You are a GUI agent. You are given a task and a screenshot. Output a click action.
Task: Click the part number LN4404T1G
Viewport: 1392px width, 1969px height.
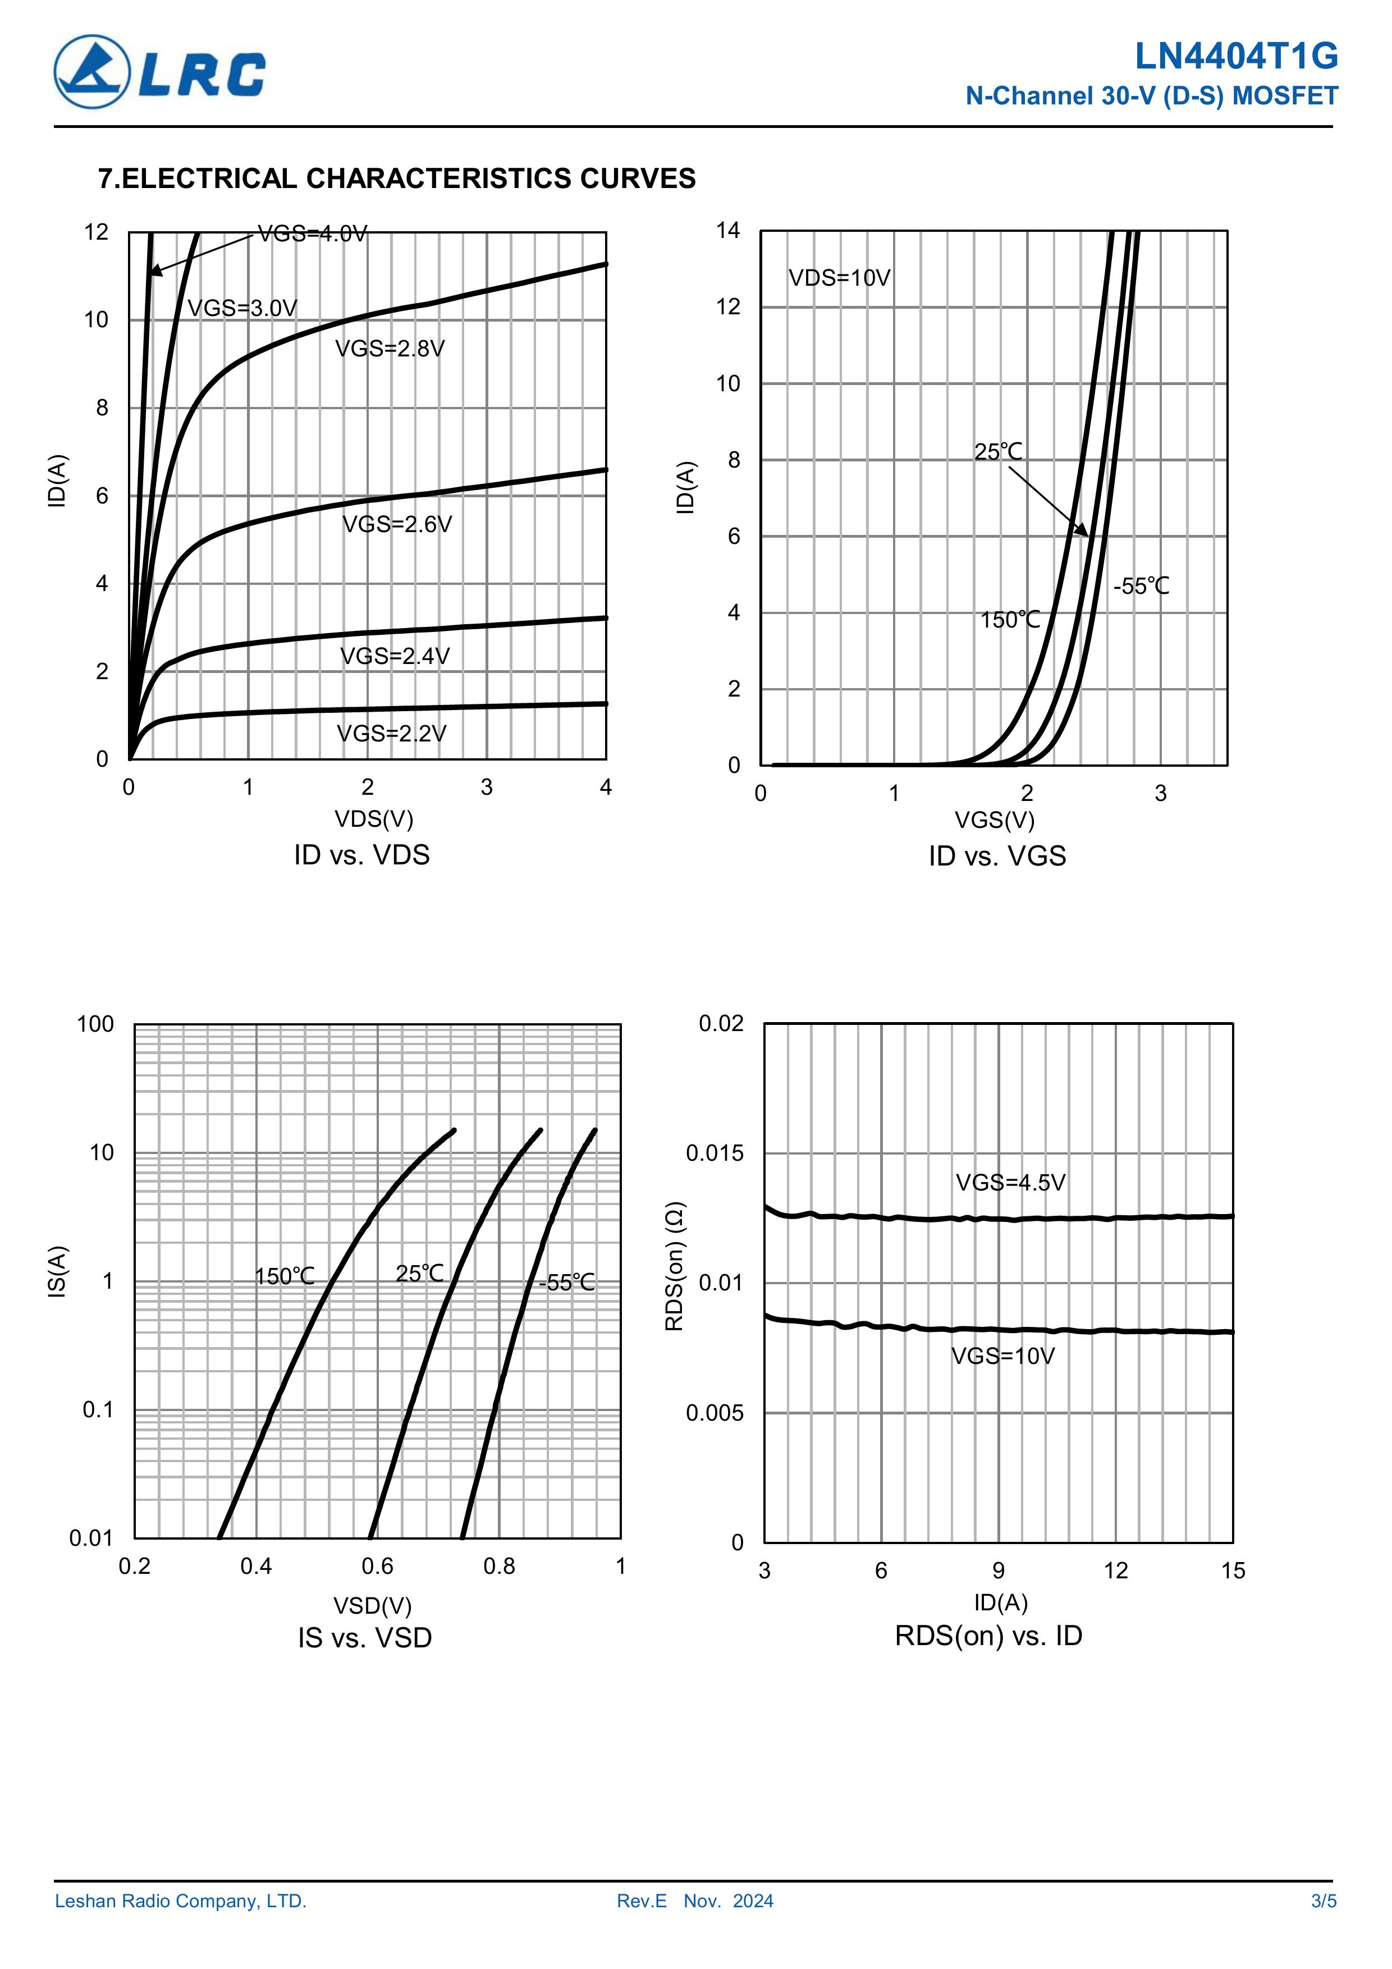[1236, 57]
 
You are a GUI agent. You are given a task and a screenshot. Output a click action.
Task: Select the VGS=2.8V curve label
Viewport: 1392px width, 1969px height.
[390, 349]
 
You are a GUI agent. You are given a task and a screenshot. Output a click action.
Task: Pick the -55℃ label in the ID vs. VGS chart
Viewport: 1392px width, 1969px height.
[1141, 587]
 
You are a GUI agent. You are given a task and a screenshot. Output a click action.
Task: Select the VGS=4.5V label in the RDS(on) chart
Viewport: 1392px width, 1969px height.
[1010, 1183]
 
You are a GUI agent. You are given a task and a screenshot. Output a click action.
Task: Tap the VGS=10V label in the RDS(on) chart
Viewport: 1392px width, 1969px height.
[1002, 1356]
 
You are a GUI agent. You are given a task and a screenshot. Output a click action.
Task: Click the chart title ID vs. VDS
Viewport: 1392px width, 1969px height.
[361, 855]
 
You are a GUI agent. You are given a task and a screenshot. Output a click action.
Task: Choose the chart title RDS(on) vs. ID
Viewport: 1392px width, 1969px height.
[988, 1636]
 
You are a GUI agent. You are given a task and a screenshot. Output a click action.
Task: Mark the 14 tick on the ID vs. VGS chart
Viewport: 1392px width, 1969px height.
[728, 231]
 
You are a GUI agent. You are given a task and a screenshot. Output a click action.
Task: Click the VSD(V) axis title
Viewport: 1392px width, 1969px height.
[372, 1605]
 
